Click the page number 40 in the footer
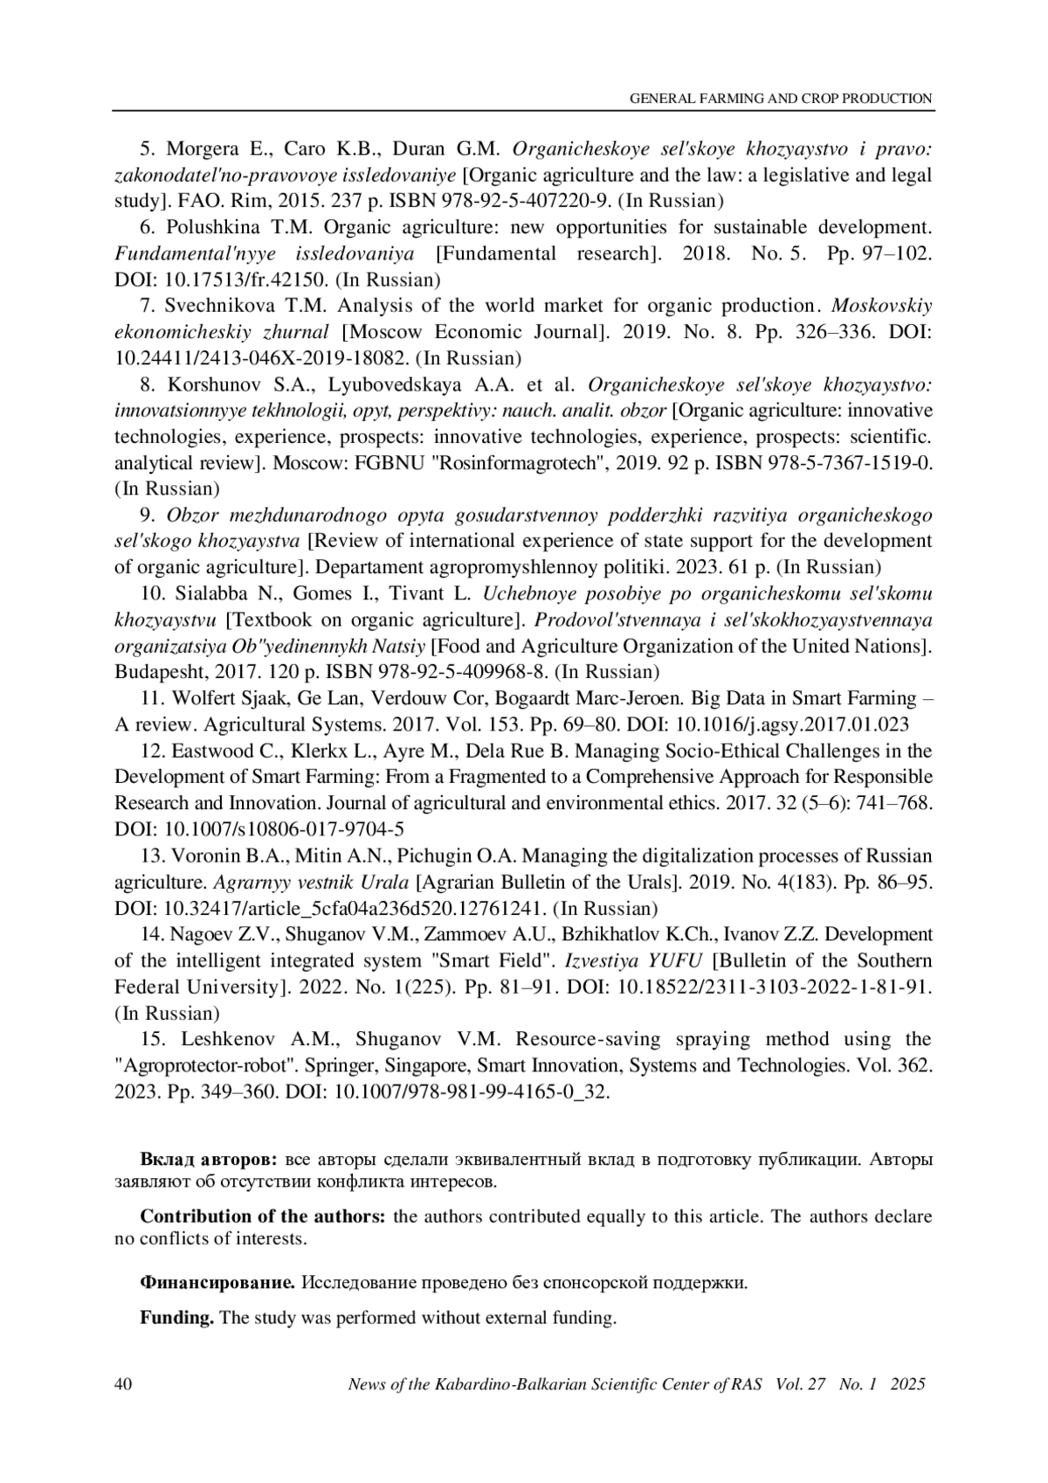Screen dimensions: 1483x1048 (123, 1384)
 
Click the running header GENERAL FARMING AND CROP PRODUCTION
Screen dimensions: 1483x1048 (781, 99)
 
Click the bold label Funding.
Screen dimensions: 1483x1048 (177, 1317)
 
